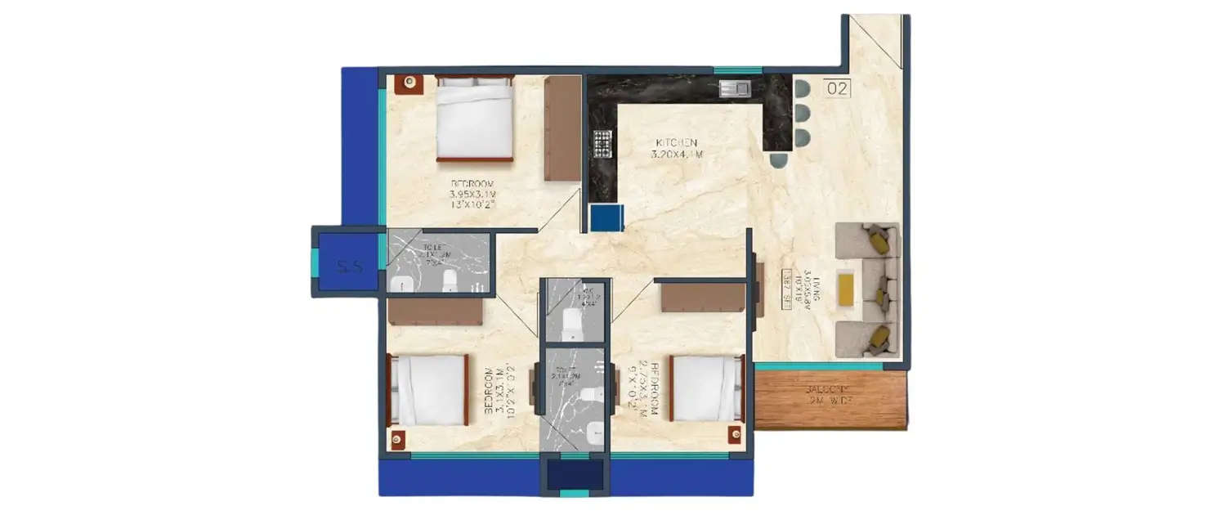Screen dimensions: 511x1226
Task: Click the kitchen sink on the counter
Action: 733,88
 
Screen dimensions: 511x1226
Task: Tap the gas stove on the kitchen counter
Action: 603,144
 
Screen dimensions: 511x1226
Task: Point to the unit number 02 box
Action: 837,88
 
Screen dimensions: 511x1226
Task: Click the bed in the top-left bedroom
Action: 474,118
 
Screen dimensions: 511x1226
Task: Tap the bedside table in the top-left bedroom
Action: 409,83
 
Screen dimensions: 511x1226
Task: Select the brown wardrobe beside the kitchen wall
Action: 562,128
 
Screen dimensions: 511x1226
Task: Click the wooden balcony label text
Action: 829,395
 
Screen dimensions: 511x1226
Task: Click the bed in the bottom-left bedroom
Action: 428,390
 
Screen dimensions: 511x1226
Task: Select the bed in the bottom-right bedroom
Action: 706,388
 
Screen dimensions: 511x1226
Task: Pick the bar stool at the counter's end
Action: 779,160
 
